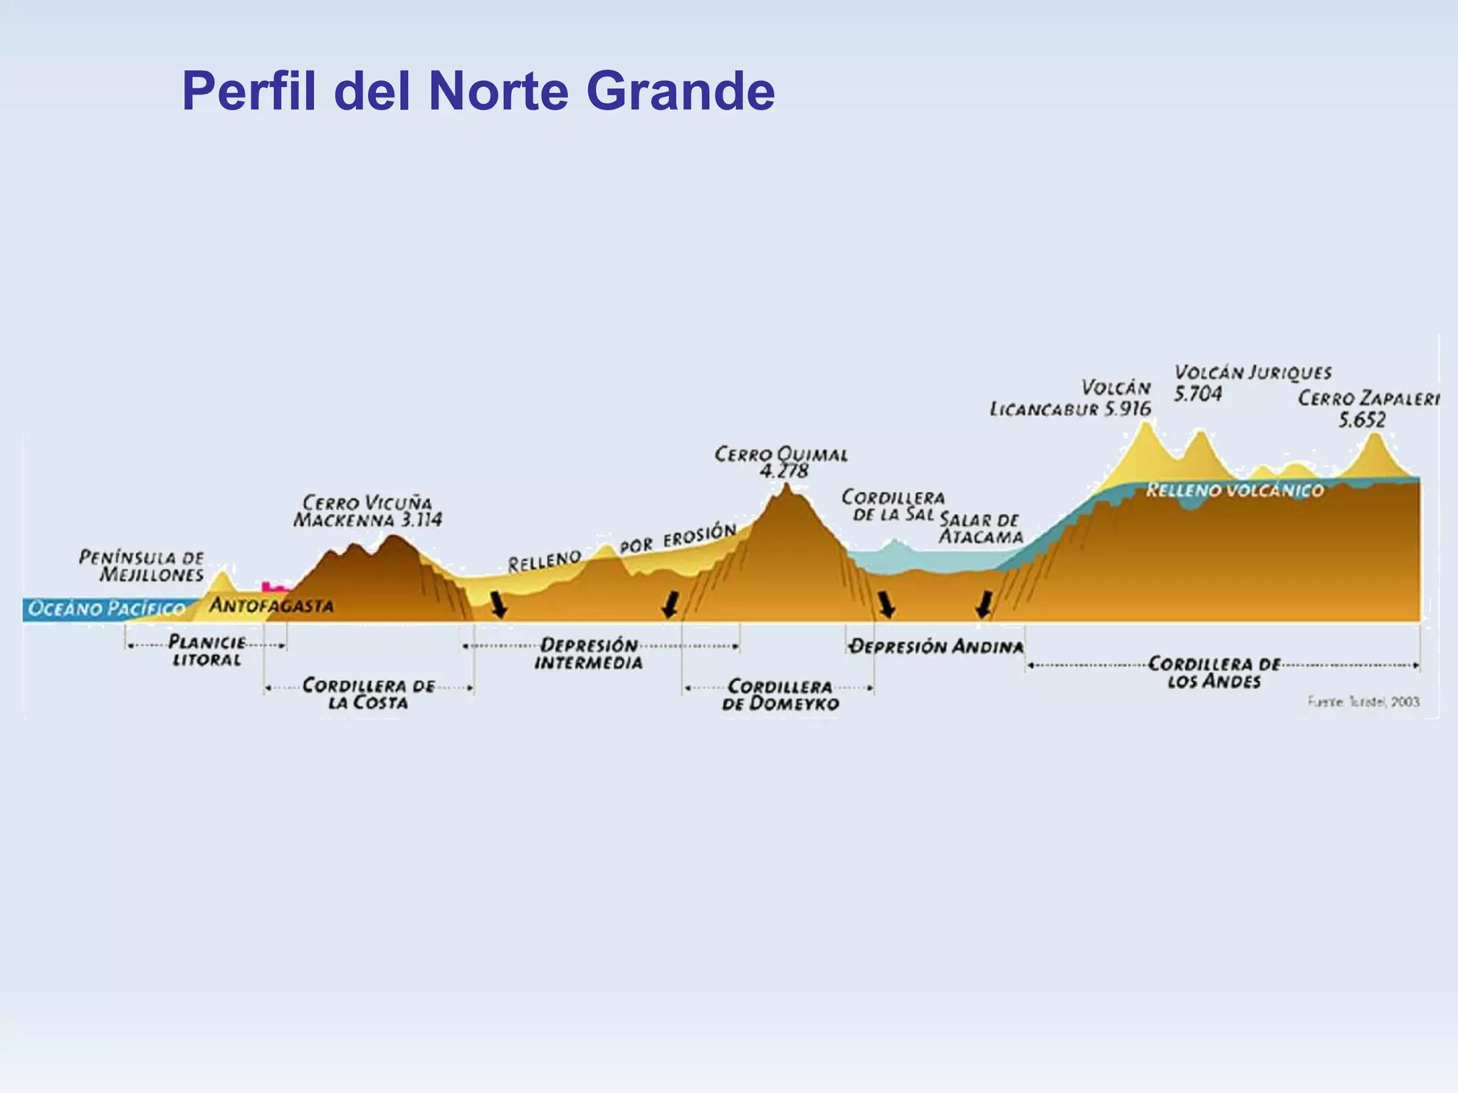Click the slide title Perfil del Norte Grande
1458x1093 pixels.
pyautogui.click(x=478, y=92)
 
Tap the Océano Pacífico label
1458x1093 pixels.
pyautogui.click(x=106, y=609)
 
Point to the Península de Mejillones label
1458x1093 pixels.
pyautogui.click(x=142, y=566)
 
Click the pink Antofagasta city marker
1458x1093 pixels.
pyautogui.click(x=274, y=587)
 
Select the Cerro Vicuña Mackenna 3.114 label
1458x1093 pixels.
pyautogui.click(x=367, y=511)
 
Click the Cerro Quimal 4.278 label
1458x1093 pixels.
pyautogui.click(x=781, y=463)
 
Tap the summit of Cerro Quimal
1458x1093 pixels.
pyautogui.click(x=786, y=487)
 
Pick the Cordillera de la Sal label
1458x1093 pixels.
pyautogui.click(x=893, y=505)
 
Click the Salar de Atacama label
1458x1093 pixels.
pyautogui.click(x=980, y=528)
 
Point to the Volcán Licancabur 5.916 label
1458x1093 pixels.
pyautogui.click(x=1071, y=398)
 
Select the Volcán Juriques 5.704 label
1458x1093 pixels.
pyautogui.click(x=1252, y=383)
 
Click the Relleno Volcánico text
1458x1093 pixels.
pyautogui.click(x=1234, y=490)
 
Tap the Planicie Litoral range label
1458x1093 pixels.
pyautogui.click(x=206, y=650)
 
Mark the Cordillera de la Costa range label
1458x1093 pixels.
pyautogui.click(x=368, y=694)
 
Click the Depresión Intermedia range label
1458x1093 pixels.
pyautogui.click(x=589, y=654)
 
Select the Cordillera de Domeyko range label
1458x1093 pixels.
pyautogui.click(x=780, y=695)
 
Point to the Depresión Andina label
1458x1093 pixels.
pyautogui.click(x=937, y=646)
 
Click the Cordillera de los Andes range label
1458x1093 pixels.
pyautogui.click(x=1214, y=672)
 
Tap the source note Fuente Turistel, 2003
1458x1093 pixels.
pyautogui.click(x=1363, y=702)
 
